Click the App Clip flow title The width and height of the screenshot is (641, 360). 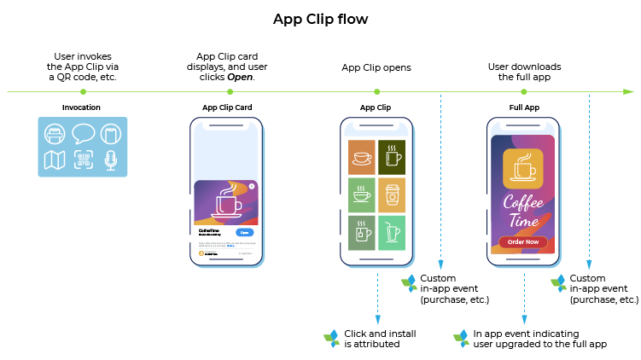point(320,19)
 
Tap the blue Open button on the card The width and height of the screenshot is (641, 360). point(245,232)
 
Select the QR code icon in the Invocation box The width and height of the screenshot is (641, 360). point(83,160)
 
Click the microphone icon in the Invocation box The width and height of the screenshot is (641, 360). point(111,160)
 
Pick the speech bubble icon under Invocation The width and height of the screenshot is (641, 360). point(83,134)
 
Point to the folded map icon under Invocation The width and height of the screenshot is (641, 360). point(55,160)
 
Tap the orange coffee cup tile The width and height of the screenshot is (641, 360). point(361,158)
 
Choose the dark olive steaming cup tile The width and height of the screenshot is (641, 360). point(393,158)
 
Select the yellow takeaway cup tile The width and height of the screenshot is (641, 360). point(393,195)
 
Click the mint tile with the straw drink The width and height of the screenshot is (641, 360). point(393,233)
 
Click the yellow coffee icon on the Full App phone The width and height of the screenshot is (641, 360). point(524,168)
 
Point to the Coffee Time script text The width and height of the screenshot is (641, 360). point(524,213)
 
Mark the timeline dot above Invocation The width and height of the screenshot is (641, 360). point(83,91)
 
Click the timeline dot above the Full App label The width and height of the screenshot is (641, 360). point(525,91)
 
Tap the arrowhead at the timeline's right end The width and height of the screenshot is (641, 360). point(628,91)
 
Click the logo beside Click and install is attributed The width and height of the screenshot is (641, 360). point(331,339)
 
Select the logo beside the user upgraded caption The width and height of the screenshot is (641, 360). point(461,339)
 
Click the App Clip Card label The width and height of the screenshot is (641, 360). point(226,107)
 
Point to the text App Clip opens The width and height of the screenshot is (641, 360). point(376,67)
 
